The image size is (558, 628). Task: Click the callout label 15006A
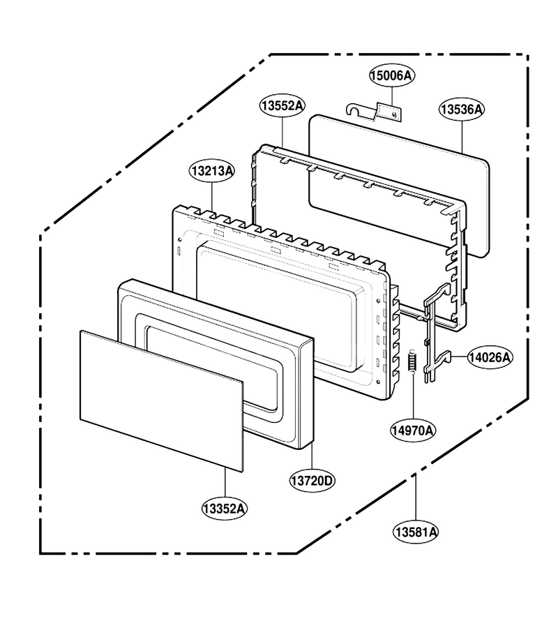[x=392, y=75]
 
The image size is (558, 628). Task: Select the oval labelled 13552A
[x=282, y=106]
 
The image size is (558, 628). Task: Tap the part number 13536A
[x=462, y=109]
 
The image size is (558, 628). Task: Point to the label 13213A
[x=212, y=171]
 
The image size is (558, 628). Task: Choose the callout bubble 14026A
[x=490, y=357]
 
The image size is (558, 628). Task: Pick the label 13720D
[x=312, y=480]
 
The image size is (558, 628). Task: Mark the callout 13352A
[x=224, y=509]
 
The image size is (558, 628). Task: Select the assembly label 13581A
[x=416, y=532]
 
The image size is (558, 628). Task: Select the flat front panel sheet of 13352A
[x=161, y=401]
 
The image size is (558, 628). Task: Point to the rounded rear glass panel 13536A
[x=399, y=186]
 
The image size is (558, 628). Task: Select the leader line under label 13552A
[x=283, y=132]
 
